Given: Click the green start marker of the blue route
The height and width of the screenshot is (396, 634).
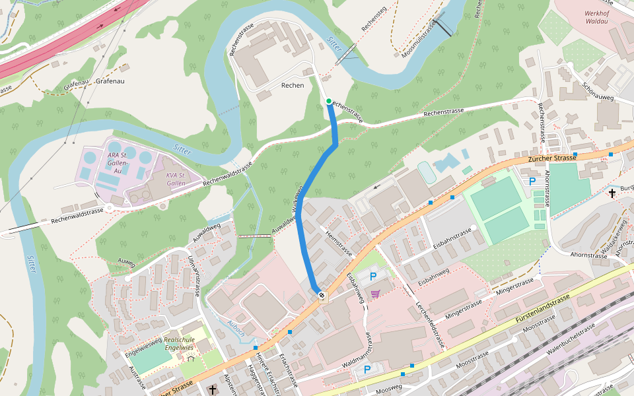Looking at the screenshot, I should (329, 101).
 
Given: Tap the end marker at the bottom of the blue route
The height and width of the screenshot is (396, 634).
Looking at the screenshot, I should (321, 295).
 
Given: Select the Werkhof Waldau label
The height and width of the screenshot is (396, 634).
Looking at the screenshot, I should (600, 17).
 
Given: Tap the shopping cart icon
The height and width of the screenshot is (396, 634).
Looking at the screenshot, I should (376, 294).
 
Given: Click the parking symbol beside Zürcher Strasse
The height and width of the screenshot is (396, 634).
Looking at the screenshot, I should (532, 181).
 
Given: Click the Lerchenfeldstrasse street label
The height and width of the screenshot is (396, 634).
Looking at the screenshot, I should (431, 317).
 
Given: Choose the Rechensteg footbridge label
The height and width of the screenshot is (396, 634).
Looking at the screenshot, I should (373, 20).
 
